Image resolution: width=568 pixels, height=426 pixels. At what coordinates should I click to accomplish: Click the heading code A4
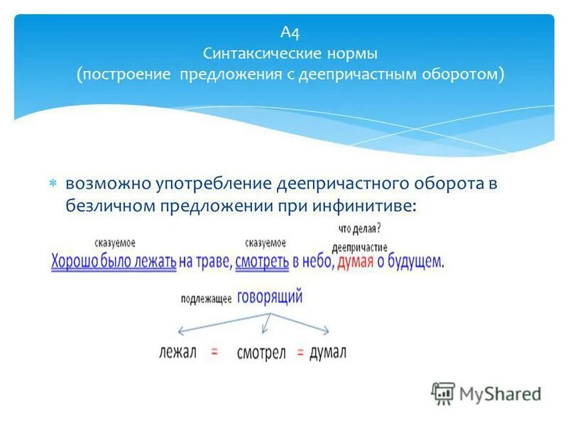click(290, 32)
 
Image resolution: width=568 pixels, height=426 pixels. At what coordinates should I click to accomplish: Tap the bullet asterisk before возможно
click(53, 184)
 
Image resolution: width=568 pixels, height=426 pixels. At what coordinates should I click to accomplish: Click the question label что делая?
click(359, 229)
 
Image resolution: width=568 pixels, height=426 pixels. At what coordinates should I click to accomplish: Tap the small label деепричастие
click(359, 247)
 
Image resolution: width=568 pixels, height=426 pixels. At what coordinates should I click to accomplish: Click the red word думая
click(354, 261)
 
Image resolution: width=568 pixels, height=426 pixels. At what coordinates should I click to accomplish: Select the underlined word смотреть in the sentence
click(262, 262)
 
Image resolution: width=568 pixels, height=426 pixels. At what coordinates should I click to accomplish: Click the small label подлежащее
click(207, 300)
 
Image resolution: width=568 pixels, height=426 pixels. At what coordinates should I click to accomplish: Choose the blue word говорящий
click(270, 296)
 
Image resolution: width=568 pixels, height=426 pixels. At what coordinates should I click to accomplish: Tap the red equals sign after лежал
click(213, 351)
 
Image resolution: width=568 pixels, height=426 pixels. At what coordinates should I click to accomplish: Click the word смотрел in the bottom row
click(261, 353)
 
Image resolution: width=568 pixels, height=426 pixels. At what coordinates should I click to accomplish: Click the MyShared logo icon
click(443, 393)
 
